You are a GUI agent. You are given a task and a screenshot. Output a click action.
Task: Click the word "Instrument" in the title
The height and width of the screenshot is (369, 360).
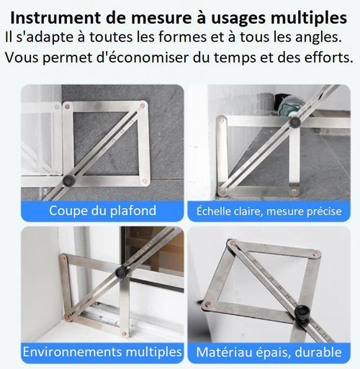55,18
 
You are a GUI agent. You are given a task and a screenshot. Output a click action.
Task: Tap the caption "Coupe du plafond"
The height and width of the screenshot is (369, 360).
103,211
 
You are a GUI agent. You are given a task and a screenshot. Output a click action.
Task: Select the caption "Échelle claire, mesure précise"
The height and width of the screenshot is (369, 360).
269,211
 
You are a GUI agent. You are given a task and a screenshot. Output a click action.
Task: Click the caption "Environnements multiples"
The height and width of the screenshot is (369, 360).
102,352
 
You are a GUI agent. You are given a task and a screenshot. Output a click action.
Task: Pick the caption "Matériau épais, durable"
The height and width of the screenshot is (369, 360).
269,352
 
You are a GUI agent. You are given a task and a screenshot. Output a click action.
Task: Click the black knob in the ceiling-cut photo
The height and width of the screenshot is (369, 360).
69,181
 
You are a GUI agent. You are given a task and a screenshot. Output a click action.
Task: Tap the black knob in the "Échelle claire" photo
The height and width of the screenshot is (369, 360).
295,122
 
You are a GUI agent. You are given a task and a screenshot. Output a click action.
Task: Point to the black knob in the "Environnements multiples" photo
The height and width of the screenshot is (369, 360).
121,272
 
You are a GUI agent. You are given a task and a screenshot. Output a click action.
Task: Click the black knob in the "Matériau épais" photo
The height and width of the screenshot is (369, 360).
302,311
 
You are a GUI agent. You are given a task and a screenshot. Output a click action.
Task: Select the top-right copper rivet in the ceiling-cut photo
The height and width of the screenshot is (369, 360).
142,106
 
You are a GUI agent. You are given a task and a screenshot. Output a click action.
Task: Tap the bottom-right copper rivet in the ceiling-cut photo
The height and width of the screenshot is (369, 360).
144,181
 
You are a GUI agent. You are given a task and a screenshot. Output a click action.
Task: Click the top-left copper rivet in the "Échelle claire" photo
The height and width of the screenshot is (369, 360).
222,120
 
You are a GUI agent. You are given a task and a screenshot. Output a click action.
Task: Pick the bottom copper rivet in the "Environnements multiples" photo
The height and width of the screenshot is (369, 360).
124,334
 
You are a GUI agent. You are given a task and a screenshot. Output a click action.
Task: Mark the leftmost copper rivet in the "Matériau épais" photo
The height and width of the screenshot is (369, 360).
207,305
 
